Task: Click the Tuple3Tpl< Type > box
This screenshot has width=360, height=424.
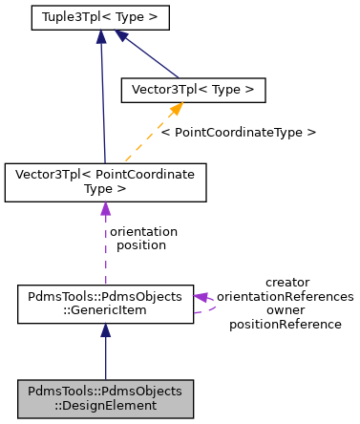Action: click(x=99, y=17)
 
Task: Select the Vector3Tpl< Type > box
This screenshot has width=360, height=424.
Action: click(x=192, y=90)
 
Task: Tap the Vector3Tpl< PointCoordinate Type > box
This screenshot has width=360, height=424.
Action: click(x=105, y=181)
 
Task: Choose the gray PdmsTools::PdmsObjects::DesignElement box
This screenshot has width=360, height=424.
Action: click(x=105, y=398)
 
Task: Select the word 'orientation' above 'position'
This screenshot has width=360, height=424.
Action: click(x=144, y=231)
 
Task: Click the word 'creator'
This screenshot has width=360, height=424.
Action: click(x=286, y=282)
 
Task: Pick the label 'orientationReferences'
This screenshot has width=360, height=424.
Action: click(x=286, y=296)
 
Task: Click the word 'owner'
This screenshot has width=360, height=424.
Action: click(x=286, y=309)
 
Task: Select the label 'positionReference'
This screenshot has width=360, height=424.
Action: click(x=286, y=324)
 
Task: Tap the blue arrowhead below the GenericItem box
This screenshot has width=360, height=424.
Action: click(x=105, y=330)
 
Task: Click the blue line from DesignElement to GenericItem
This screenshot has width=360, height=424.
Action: click(x=105, y=358)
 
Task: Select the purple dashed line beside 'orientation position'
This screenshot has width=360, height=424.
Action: click(x=105, y=248)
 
